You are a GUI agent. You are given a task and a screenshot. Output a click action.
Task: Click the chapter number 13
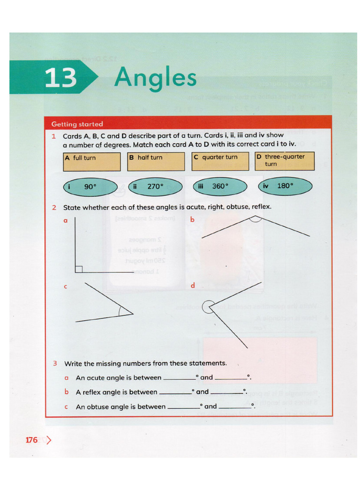(x=61, y=78)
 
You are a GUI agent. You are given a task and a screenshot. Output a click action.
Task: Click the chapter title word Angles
(x=155, y=77)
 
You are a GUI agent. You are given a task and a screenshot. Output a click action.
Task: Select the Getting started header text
(x=77, y=124)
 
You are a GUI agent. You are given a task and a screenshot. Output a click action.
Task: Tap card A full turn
(x=92, y=161)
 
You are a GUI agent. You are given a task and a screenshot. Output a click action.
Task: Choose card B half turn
(x=156, y=161)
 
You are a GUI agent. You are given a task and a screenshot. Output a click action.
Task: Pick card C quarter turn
(x=220, y=161)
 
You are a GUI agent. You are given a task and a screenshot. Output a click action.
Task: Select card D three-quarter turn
(x=284, y=161)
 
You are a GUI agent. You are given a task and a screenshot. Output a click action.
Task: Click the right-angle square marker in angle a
(x=79, y=269)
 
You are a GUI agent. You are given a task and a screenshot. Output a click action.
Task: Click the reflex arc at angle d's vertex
(x=206, y=307)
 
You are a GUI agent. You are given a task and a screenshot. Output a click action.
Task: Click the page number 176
(x=31, y=440)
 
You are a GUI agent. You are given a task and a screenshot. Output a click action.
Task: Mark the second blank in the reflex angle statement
(x=227, y=393)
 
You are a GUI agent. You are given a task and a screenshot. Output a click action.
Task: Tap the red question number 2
(x=54, y=207)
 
